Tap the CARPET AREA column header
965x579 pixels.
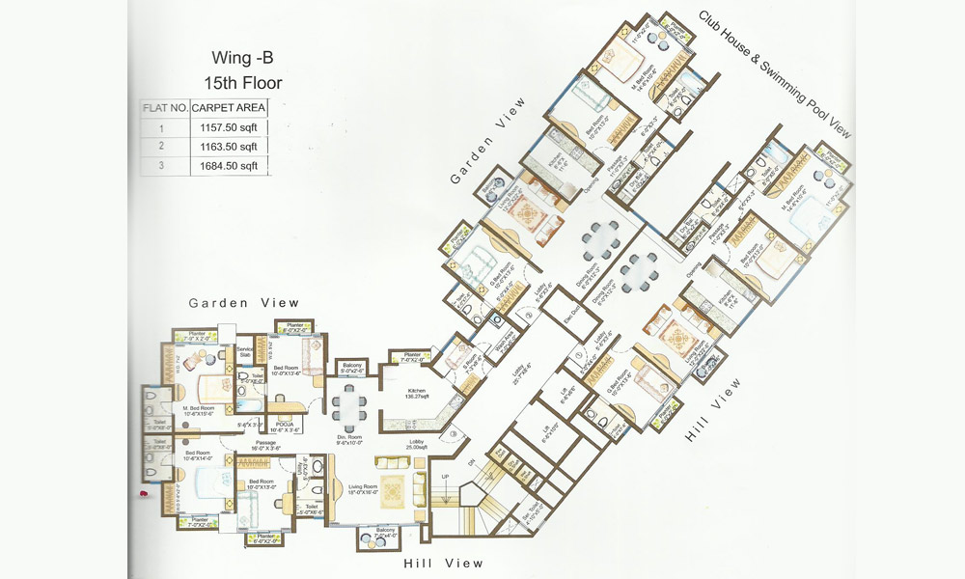(x=229, y=107)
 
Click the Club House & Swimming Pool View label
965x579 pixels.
(x=776, y=73)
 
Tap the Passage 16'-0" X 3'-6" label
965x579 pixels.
(x=265, y=445)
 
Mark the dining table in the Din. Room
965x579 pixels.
(x=347, y=406)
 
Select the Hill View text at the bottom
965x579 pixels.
(x=444, y=563)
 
